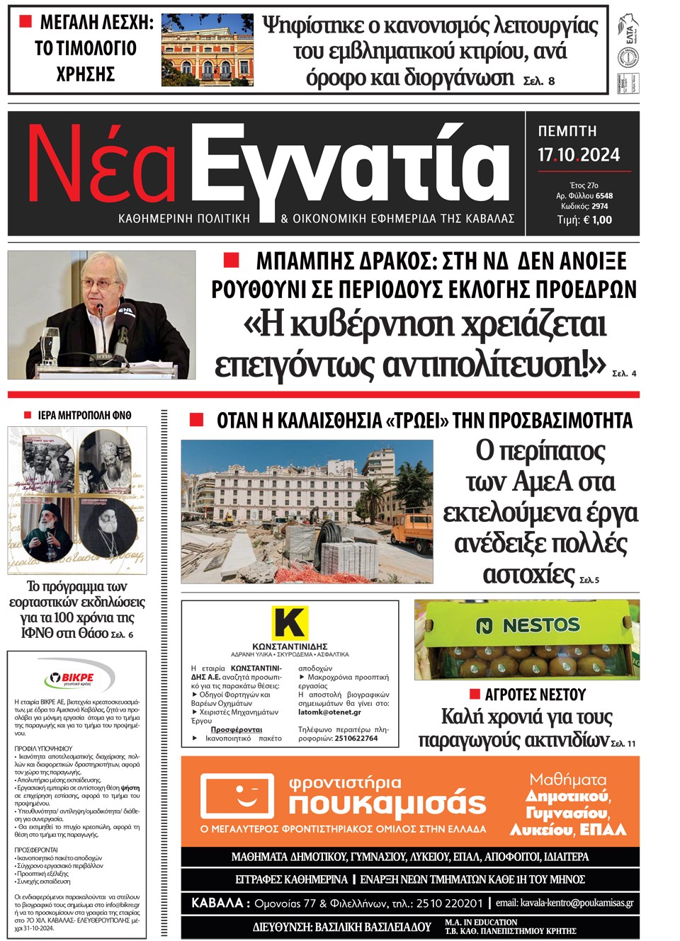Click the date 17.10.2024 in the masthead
[x=578, y=155]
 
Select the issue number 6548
[x=604, y=195]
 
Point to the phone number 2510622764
[x=356, y=738]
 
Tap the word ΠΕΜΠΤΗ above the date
[x=567, y=131]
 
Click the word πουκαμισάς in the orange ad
[x=387, y=804]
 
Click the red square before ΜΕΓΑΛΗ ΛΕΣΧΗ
[x=25, y=22]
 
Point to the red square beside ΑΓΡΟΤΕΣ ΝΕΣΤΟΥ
[x=475, y=693]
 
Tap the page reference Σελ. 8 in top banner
[x=539, y=81]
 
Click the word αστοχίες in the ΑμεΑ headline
[x=528, y=574]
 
